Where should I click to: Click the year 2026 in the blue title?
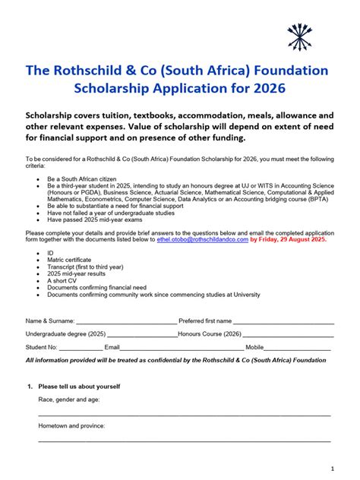265,88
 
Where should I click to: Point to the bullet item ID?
51,252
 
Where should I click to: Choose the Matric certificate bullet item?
69,259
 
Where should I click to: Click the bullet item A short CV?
62,280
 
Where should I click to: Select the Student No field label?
41,347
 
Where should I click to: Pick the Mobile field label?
254,347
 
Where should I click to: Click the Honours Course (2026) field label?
210,333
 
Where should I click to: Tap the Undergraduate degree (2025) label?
65,333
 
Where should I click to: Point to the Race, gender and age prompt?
68,399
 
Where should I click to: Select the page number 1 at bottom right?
333,468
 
